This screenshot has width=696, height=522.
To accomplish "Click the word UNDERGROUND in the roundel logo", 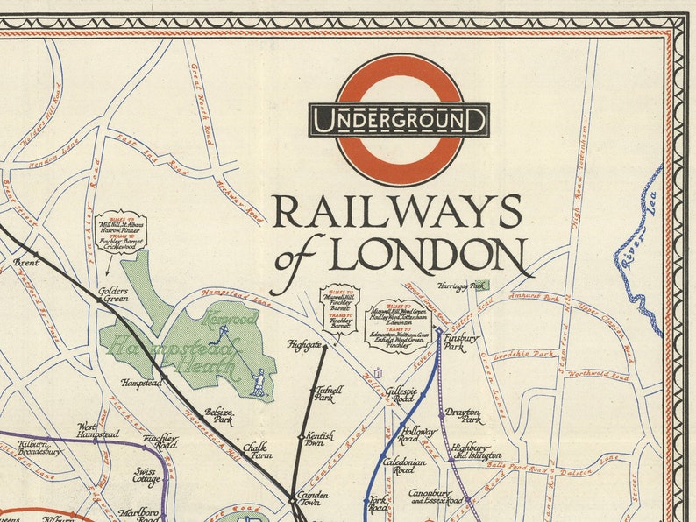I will tap(399, 120).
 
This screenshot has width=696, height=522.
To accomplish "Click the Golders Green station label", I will tap(114, 294).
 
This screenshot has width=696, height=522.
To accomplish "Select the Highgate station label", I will tap(304, 346).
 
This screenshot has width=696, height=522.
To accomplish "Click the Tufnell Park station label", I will tap(330, 393).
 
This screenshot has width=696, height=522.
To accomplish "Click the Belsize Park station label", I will tap(219, 415).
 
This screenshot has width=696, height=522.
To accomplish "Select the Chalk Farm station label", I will tap(257, 450).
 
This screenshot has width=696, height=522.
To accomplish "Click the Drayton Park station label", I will tap(463, 415).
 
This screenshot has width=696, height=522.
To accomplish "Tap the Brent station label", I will tap(26, 261).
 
